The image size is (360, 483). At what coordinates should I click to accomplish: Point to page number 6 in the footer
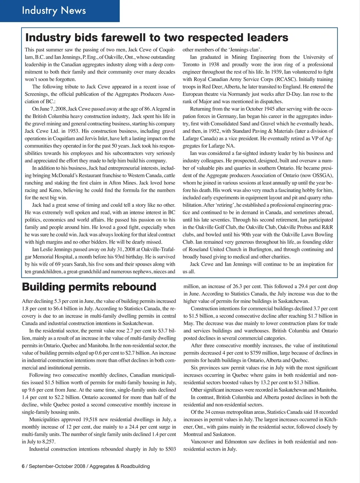pyautogui.click(x=23, y=466)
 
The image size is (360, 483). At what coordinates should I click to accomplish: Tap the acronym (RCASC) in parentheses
pyautogui.click(x=288, y=80)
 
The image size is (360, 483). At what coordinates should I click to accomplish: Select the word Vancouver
pyautogui.click(x=202, y=442)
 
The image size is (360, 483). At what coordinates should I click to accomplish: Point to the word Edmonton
pyautogui.click(x=237, y=442)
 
